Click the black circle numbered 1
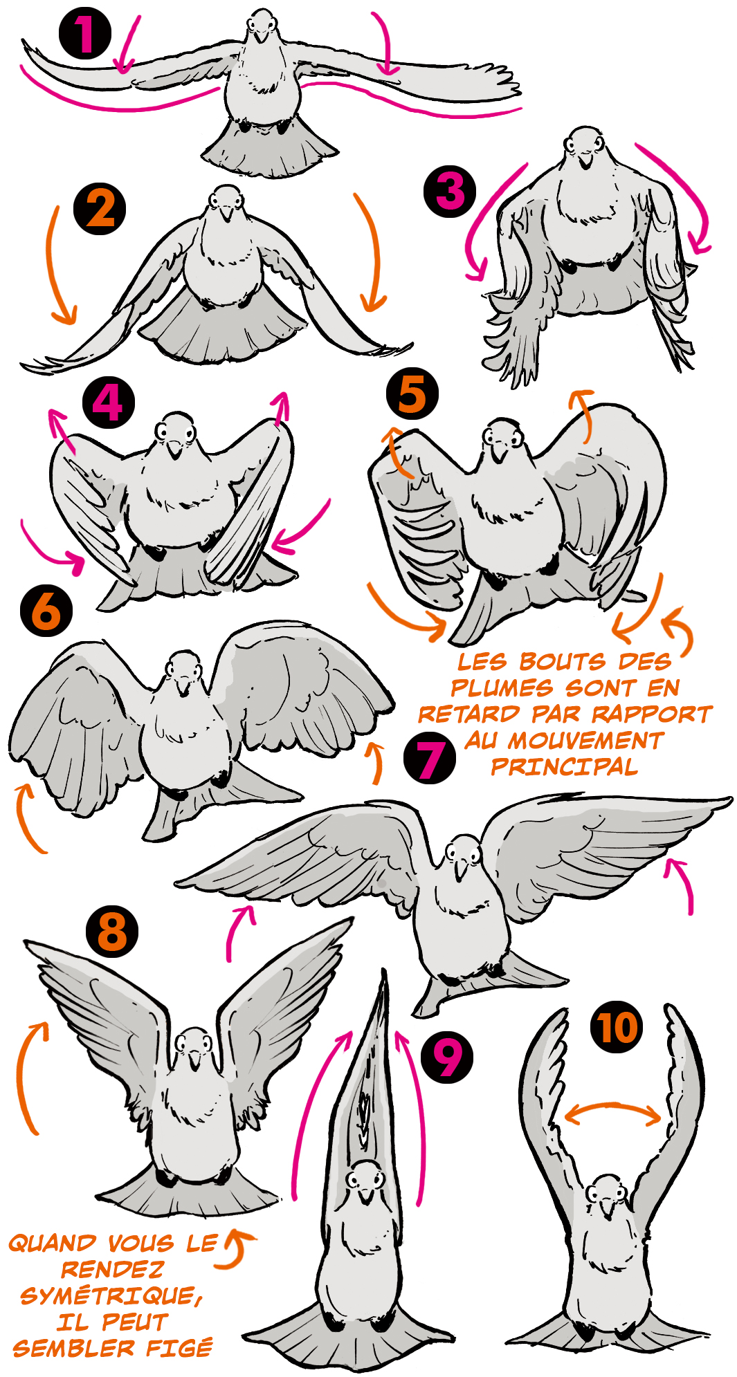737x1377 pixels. click(x=85, y=33)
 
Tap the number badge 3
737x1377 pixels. click(x=450, y=191)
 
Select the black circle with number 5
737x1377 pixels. click(x=412, y=393)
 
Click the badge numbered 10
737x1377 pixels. click(x=617, y=1028)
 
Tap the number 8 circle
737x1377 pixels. click(x=112, y=932)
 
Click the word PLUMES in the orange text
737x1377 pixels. click(x=502, y=688)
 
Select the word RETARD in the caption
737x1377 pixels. click(x=468, y=714)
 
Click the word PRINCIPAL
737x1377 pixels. click(x=565, y=767)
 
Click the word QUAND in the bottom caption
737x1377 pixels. click(x=53, y=1244)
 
